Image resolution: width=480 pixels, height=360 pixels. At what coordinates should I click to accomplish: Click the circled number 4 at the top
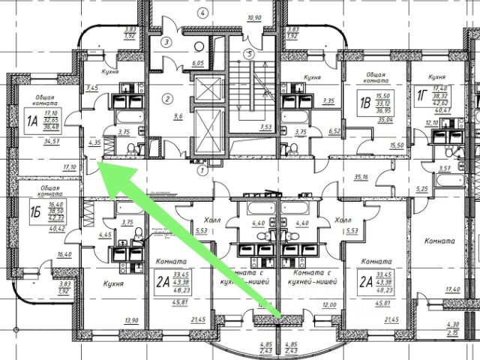click(200, 13)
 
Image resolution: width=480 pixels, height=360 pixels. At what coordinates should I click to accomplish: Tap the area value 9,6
click(178, 117)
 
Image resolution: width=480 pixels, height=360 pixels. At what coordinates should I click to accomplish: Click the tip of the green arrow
click(100, 166)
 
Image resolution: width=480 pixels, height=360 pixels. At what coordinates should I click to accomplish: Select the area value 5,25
click(400, 188)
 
